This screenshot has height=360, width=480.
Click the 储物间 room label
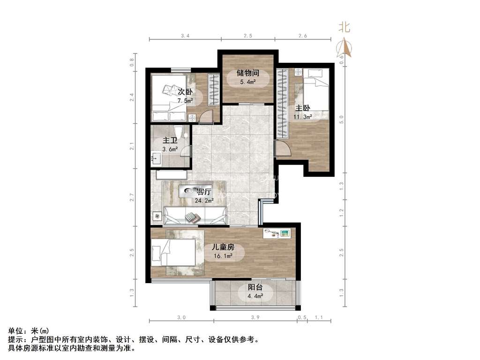(248, 73)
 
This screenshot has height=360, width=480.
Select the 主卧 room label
(303, 108)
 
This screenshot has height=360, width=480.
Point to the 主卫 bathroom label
(170, 141)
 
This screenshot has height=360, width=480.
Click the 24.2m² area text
(204, 201)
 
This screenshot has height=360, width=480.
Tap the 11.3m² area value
(303, 117)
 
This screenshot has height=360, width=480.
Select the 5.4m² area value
(248, 82)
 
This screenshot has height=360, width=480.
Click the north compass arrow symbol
(345, 47)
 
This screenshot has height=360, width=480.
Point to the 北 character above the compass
(345, 28)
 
